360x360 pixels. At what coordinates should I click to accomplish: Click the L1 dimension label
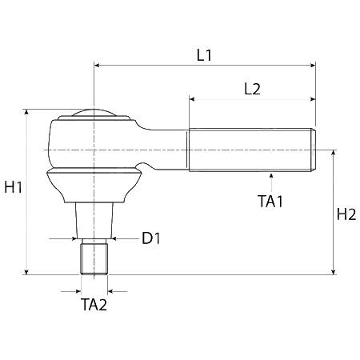click(x=204, y=55)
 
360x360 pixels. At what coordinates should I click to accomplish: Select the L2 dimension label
click(x=252, y=89)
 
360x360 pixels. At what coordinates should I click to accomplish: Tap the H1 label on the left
click(x=14, y=187)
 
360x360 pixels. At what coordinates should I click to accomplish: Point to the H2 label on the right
click(x=346, y=214)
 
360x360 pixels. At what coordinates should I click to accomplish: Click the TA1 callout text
click(x=270, y=201)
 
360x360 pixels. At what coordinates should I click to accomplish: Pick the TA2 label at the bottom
click(x=94, y=305)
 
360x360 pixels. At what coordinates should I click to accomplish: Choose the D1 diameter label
click(x=151, y=238)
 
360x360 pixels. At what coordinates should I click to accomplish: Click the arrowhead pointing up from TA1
click(x=271, y=175)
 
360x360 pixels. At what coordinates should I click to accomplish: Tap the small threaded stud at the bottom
click(x=94, y=257)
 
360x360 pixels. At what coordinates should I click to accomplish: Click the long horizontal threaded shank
click(x=252, y=150)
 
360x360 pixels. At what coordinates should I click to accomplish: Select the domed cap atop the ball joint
click(x=94, y=113)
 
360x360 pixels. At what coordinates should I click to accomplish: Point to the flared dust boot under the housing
click(x=94, y=186)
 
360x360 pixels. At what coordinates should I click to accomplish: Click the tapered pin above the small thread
click(x=94, y=220)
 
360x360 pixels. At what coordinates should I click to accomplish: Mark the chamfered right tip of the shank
click(x=314, y=150)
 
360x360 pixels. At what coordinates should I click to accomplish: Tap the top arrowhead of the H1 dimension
click(x=26, y=112)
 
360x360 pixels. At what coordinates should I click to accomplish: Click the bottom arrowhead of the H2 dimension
click(x=333, y=272)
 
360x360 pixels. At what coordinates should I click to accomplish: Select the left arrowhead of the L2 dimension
click(x=192, y=99)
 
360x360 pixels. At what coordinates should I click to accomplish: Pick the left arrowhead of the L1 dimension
click(x=98, y=66)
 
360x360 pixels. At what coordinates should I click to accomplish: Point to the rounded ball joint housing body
click(x=94, y=144)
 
